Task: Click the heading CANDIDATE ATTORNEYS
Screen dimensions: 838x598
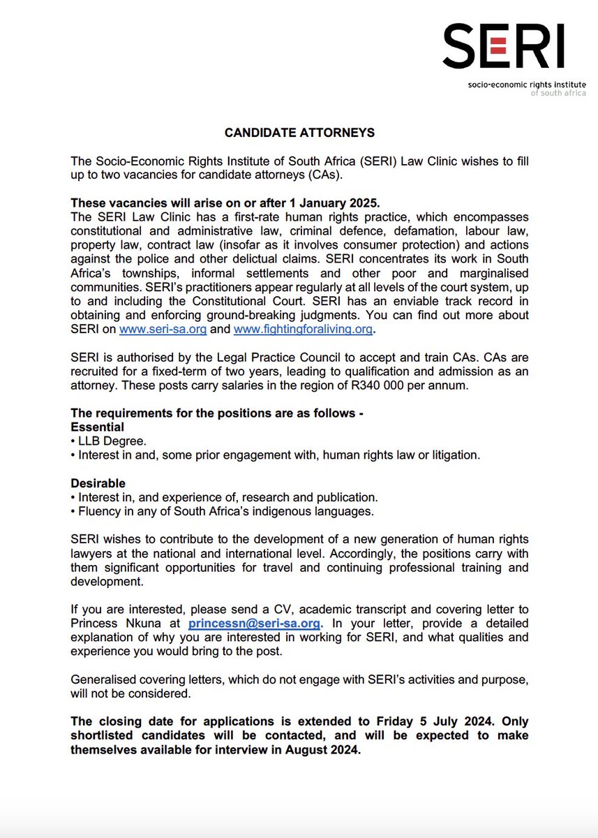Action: point(299,132)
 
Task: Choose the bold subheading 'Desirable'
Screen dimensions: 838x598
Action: point(98,483)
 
